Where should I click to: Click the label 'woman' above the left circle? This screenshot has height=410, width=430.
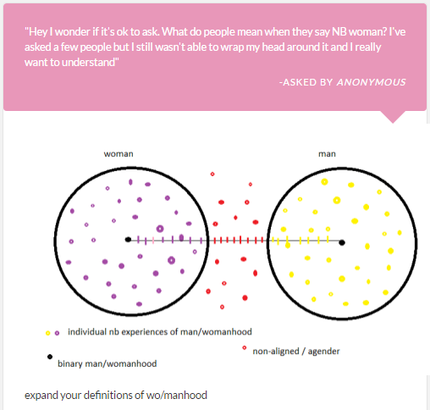point(119,154)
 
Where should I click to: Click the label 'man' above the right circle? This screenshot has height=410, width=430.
point(327,154)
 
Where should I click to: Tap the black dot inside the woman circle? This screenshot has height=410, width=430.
point(128,240)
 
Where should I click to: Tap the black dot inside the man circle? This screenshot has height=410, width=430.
point(342,242)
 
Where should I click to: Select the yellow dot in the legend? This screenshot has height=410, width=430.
point(48,333)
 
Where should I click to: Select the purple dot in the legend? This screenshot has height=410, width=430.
point(57,333)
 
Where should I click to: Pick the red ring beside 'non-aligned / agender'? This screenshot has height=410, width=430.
point(245,347)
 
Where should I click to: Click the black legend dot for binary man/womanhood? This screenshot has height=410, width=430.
point(50,357)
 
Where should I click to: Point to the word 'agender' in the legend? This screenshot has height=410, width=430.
point(323,352)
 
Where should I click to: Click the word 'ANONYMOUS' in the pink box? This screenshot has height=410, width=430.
point(372,82)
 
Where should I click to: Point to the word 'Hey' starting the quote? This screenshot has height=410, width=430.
point(38,32)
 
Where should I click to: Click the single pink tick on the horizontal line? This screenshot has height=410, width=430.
point(153,241)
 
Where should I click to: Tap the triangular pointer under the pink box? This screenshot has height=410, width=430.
point(393,117)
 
